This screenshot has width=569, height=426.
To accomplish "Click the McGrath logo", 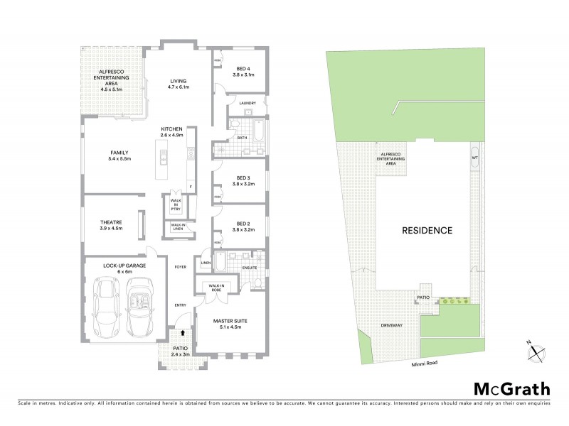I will (511, 388).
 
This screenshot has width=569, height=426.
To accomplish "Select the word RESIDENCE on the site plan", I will (427, 230).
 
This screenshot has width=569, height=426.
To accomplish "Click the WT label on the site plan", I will (474, 158).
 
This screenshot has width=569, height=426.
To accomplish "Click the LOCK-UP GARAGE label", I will (124, 265).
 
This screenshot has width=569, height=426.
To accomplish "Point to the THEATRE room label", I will (111, 222).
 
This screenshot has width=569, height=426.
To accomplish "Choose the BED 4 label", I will (246, 69).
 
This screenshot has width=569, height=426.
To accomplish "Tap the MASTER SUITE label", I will (229, 322).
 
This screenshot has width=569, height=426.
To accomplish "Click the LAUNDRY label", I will (248, 104).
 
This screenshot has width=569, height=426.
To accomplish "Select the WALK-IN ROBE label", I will (213, 288).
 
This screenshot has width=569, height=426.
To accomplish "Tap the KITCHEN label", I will (172, 128).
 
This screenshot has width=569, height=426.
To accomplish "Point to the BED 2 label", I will (245, 224).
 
